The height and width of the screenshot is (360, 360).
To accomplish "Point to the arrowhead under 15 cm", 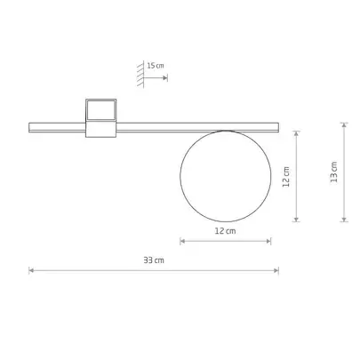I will point(165,79).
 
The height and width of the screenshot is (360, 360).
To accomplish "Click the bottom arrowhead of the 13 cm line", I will point(344,220).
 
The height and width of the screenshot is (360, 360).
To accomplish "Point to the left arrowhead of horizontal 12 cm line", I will point(182,241).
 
